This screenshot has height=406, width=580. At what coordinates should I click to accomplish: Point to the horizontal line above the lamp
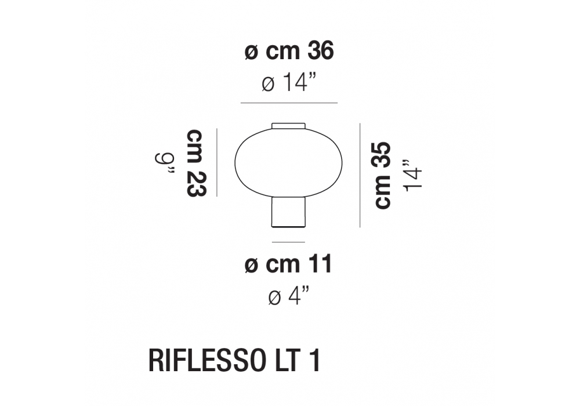(x=289, y=103)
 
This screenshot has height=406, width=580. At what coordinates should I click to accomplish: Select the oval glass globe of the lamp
(x=288, y=162)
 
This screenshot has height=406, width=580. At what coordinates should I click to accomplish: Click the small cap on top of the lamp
(x=288, y=126)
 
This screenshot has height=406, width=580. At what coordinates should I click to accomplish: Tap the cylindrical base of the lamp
(x=288, y=212)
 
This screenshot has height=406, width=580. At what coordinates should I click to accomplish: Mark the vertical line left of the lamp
(x=217, y=162)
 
